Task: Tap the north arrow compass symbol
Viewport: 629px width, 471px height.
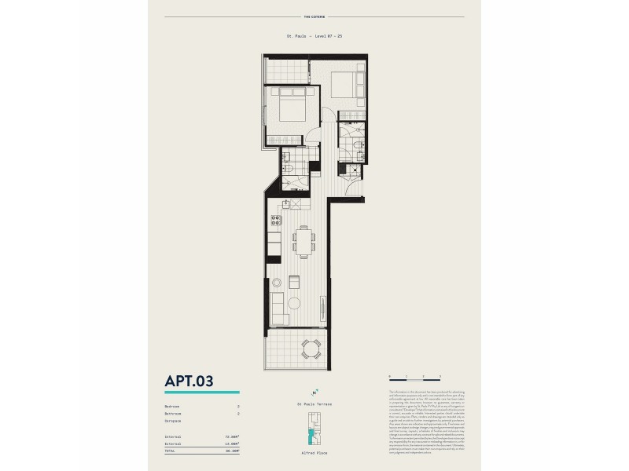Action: coord(314,392)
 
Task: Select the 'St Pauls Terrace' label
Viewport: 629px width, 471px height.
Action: coord(314,403)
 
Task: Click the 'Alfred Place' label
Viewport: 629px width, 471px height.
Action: coord(314,453)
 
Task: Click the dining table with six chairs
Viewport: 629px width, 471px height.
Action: coord(303,241)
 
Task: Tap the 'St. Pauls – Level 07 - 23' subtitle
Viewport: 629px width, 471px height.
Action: coord(314,36)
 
